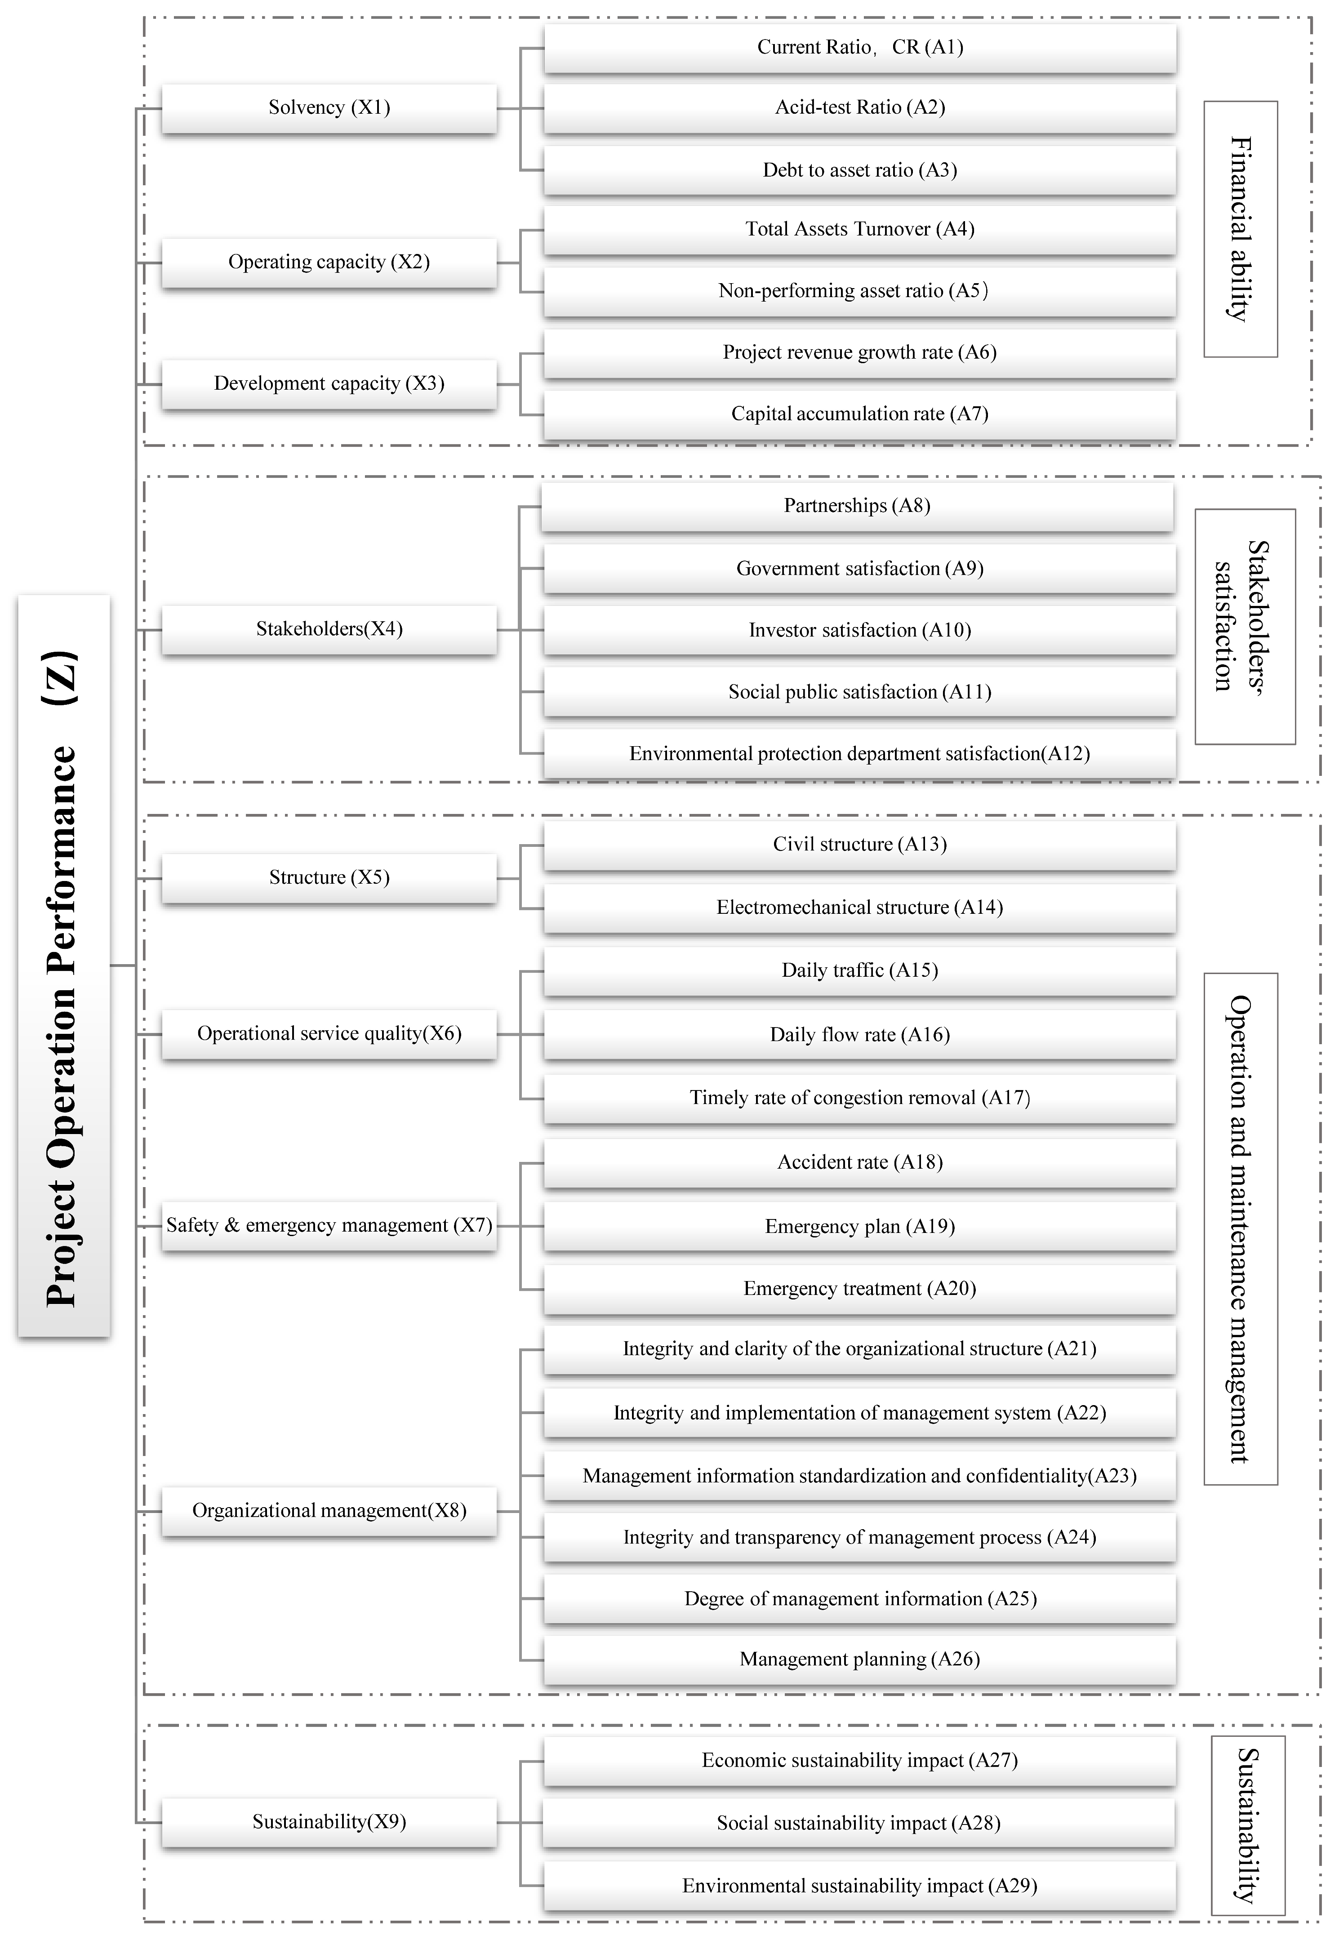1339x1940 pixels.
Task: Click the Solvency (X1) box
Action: (x=329, y=107)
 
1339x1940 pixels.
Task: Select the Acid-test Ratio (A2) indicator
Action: (x=859, y=107)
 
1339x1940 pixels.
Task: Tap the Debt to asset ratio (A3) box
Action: (x=859, y=170)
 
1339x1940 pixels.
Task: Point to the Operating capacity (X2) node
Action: (x=329, y=263)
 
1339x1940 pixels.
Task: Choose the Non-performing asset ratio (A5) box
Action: (x=859, y=291)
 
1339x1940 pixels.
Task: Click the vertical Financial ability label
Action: (x=1240, y=229)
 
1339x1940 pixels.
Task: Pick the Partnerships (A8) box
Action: (x=857, y=506)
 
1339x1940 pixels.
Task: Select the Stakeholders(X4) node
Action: (x=329, y=629)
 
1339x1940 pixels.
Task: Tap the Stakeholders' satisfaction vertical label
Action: (x=1244, y=627)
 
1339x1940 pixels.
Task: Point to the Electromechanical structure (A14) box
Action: (x=859, y=908)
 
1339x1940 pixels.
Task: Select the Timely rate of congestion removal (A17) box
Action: (x=859, y=1098)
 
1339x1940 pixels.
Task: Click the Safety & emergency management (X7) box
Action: (x=329, y=1225)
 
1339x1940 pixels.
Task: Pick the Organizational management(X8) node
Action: (x=329, y=1511)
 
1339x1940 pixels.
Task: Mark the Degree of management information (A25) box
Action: (x=859, y=1599)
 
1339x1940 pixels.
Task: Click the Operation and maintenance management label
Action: (x=1240, y=1229)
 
